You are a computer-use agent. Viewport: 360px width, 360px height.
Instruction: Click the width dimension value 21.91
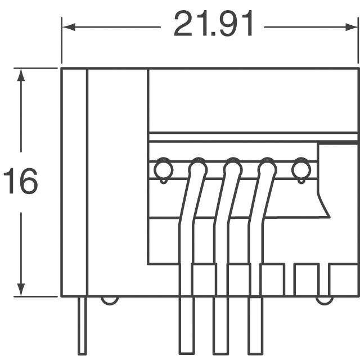tap(214, 25)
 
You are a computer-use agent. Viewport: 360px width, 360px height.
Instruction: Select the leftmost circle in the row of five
tap(163, 168)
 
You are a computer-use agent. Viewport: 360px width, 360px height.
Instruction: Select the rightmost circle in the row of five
tap(301, 168)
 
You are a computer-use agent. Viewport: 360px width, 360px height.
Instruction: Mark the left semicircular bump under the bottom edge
tap(110, 300)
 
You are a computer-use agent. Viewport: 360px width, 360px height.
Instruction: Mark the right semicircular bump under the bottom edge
tap(325, 300)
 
